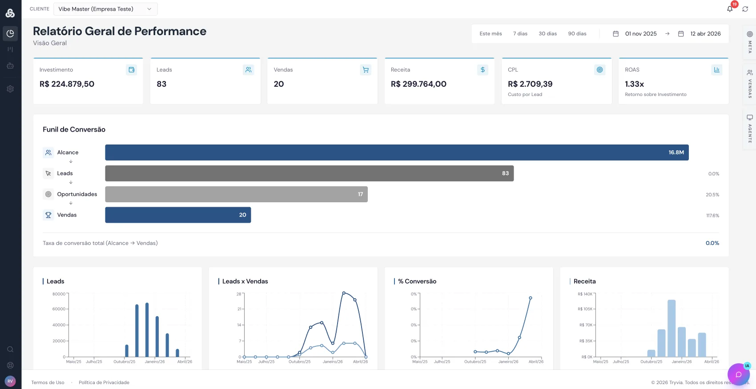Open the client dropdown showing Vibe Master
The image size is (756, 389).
click(105, 9)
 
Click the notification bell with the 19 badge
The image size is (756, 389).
click(730, 9)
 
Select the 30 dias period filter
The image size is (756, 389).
click(547, 34)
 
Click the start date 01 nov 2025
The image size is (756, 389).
click(640, 34)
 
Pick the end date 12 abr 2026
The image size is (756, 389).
click(705, 34)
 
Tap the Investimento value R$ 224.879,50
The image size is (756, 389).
click(67, 84)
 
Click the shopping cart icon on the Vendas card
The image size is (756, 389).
click(366, 70)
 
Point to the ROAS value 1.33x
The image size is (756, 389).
click(634, 84)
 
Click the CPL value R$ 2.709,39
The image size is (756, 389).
click(530, 84)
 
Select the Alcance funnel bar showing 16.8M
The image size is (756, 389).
click(397, 152)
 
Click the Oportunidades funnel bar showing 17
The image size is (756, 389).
click(236, 194)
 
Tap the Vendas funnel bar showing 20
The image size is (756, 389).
click(178, 215)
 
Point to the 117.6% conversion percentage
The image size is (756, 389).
click(712, 216)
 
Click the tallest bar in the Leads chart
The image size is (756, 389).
click(147, 329)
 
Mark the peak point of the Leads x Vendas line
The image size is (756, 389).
click(344, 293)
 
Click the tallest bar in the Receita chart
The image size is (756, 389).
click(672, 328)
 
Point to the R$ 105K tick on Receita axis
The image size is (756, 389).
click(585, 309)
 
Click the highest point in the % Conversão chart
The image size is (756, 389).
click(530, 298)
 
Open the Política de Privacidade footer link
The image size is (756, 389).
click(104, 382)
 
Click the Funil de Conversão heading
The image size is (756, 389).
click(74, 129)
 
